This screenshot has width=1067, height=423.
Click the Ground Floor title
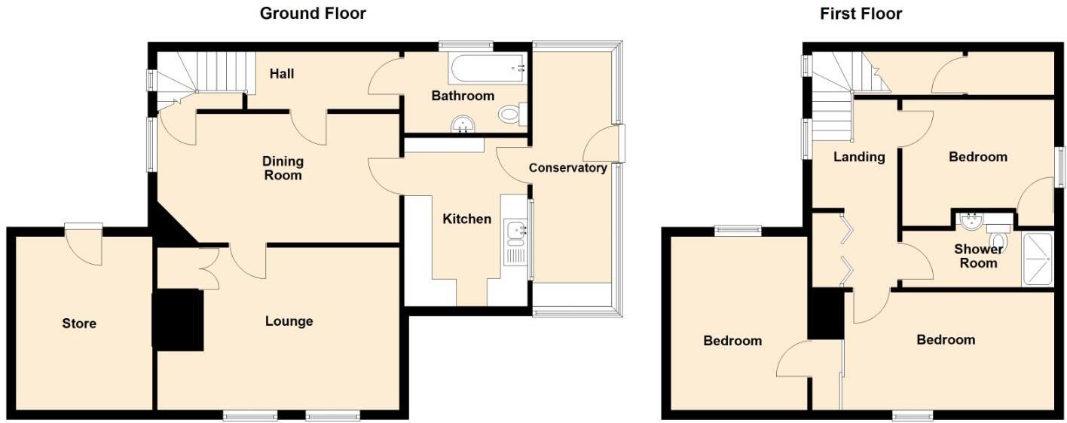click(x=313, y=13)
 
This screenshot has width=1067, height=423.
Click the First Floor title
click(x=861, y=14)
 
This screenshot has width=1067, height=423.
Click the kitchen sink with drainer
click(x=517, y=242)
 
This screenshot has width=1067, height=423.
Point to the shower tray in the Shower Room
click(x=1037, y=259)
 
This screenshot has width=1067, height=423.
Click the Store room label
click(x=79, y=323)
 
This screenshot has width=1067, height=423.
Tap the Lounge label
click(x=289, y=321)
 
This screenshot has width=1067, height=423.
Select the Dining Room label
click(x=283, y=168)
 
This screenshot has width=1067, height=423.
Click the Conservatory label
click(x=567, y=167)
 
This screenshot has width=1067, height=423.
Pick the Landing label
click(x=858, y=157)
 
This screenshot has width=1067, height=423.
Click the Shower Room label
click(x=978, y=256)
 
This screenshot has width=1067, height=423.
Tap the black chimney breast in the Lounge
click(x=178, y=320)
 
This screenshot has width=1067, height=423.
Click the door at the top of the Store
click(x=83, y=243)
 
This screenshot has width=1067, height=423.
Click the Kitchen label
click(x=466, y=219)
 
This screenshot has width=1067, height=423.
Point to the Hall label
click(x=282, y=73)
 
